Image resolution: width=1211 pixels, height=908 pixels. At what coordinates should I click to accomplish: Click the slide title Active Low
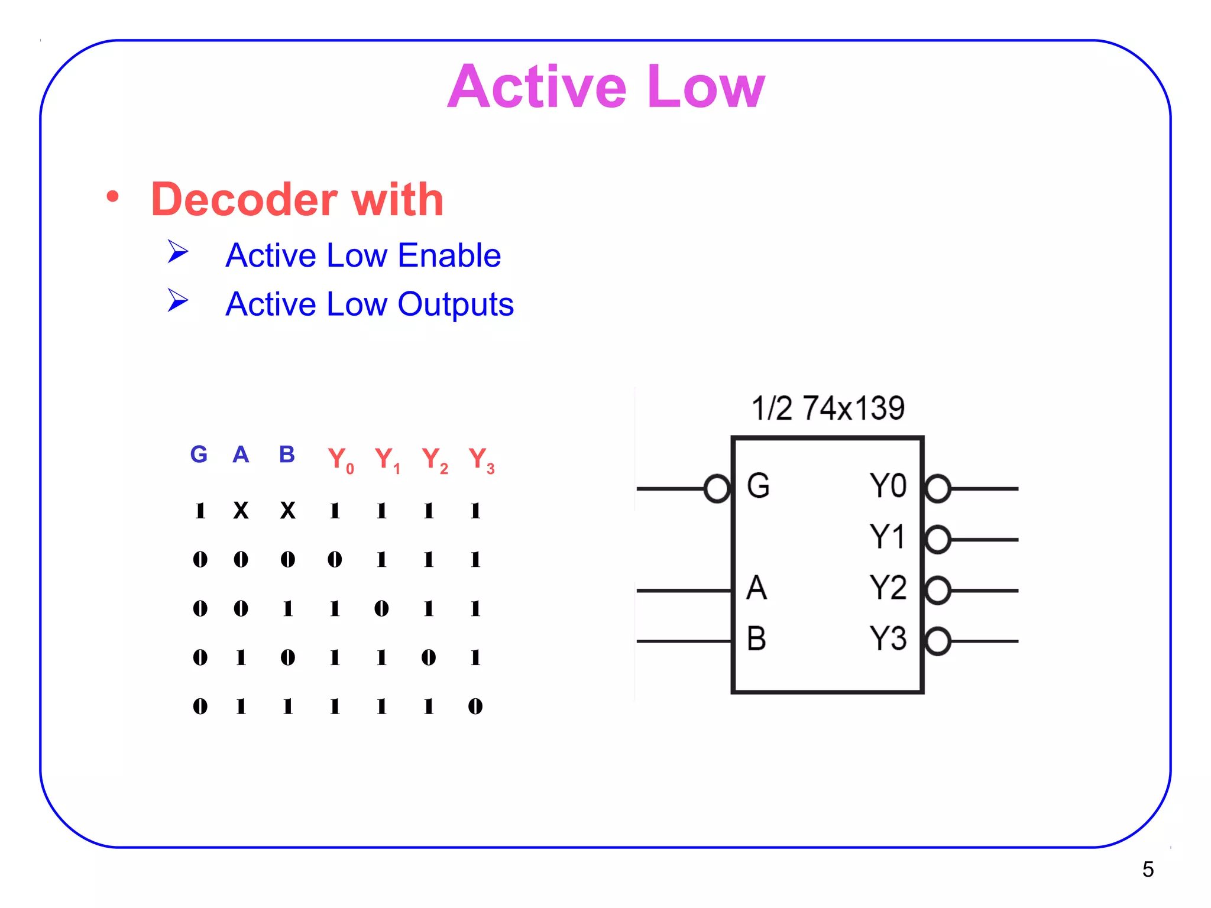coord(606,87)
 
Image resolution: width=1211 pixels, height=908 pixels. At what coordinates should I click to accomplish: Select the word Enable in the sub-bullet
coord(449,255)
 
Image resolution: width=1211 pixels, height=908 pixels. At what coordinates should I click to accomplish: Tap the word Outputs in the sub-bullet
coord(455,304)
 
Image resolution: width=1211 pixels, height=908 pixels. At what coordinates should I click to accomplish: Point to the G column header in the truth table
coord(199,455)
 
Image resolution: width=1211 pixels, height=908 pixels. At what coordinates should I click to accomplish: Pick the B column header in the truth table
coord(287,455)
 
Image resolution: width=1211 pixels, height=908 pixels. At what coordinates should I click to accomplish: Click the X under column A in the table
coord(241,510)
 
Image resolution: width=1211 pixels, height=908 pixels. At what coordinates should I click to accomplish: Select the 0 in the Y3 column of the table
coord(475,706)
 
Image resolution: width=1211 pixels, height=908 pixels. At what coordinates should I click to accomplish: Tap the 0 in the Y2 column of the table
coord(429,657)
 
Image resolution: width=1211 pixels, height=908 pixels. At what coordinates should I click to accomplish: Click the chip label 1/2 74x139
coord(828,408)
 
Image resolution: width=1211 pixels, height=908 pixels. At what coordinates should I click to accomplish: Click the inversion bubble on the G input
coord(717,489)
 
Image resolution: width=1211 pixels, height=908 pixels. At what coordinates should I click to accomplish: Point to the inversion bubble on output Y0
coord(938,489)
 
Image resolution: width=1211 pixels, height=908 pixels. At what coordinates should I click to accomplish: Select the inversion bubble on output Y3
coord(938,641)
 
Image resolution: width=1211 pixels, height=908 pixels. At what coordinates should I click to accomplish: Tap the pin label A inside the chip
coord(756,588)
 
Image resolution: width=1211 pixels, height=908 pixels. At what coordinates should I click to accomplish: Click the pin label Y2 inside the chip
coord(888,588)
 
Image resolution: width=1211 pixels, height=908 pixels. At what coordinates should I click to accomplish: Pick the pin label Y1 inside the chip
coord(888,537)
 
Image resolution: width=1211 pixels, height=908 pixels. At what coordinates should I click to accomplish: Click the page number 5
coord(1148,869)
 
